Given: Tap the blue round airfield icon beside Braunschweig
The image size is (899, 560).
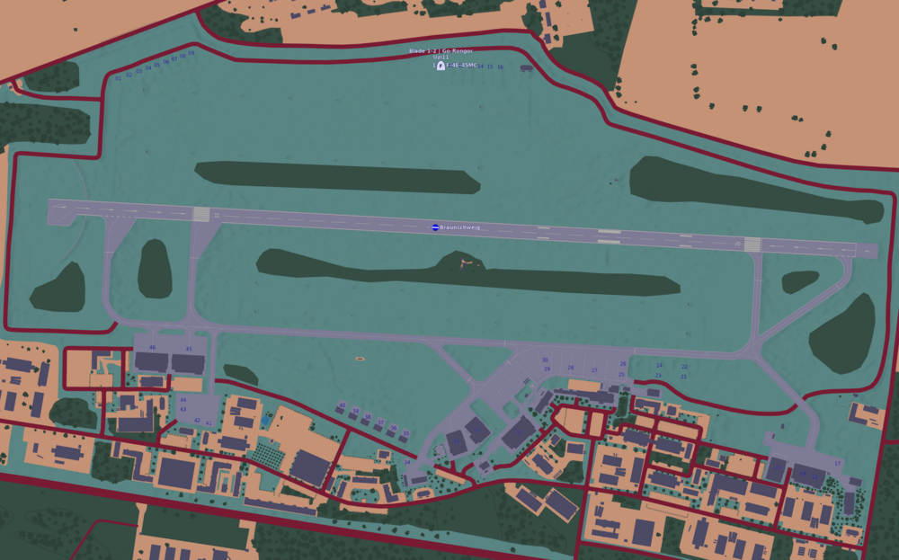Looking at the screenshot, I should click(435, 228).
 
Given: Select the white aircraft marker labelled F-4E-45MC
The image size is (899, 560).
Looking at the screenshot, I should click(441, 66).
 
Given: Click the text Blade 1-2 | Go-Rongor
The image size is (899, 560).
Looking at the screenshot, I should click(441, 51).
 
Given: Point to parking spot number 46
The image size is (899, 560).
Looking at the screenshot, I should click(152, 347).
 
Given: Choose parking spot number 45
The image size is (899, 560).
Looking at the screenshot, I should click(189, 349).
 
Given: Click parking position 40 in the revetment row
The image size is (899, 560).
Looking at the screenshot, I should click(342, 405).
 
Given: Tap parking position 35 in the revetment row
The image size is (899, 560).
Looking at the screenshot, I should click(405, 433).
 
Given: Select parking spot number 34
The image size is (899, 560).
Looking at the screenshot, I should click(407, 462).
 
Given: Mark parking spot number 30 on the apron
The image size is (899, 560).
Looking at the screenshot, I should click(545, 360).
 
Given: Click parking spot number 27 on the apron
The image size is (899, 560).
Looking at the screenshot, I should click(594, 369).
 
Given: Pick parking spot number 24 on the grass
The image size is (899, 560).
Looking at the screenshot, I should click(659, 366).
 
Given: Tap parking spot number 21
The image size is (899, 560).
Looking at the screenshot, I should click(683, 377).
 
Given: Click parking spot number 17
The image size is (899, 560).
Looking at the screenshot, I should click(838, 464).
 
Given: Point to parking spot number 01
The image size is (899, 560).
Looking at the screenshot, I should click(118, 78).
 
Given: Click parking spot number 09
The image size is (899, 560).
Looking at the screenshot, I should click(191, 53).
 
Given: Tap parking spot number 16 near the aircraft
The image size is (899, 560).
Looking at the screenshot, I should click(500, 67).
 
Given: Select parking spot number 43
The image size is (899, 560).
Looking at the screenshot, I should click(183, 409).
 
